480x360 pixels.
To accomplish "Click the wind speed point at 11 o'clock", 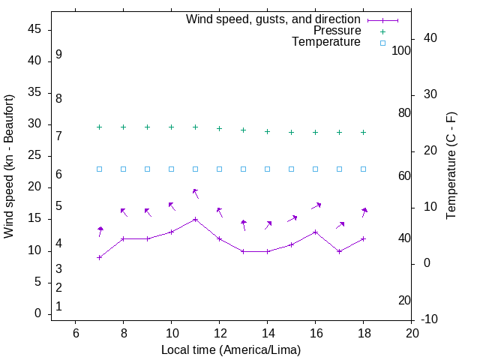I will click(195, 219).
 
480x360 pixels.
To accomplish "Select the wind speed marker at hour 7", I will click(99, 257).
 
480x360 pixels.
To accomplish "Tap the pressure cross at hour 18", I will click(363, 132).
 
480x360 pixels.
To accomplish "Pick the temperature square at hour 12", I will click(219, 169).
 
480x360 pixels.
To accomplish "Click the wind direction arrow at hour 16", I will click(316, 205).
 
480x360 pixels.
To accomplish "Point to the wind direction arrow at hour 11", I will click(196, 193).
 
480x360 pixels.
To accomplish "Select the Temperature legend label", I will click(326, 43).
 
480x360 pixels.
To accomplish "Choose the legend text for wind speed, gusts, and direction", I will click(273, 19).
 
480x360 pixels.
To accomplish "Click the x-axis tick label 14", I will click(267, 333).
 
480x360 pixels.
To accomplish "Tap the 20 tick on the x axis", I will click(411, 333).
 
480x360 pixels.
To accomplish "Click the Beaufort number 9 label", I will click(58, 55).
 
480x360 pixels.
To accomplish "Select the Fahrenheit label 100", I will click(401, 50).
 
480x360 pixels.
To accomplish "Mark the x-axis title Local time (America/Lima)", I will click(231, 349).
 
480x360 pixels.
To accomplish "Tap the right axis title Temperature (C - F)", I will click(451, 166).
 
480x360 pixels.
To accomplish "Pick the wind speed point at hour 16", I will click(315, 232).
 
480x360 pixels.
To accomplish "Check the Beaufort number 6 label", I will click(58, 174).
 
